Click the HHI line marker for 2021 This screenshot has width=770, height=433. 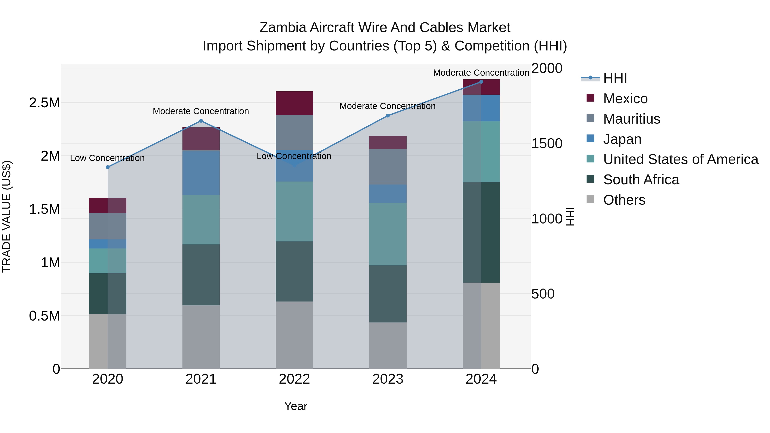(201, 121)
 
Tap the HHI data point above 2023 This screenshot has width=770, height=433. (388, 116)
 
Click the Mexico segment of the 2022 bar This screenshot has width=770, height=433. (294, 103)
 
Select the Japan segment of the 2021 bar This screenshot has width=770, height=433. (201, 173)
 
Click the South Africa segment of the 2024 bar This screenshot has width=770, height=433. (481, 232)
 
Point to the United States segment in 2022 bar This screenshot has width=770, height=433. (294, 211)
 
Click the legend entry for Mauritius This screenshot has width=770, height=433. (631, 119)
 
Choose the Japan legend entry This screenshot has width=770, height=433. (622, 139)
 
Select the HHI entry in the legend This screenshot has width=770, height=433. (615, 78)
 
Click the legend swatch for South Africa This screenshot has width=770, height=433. (590, 179)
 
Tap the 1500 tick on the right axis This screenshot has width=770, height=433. (547, 143)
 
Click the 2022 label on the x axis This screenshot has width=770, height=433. (294, 379)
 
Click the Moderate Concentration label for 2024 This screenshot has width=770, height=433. (481, 73)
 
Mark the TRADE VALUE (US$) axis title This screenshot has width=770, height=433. (7, 216)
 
